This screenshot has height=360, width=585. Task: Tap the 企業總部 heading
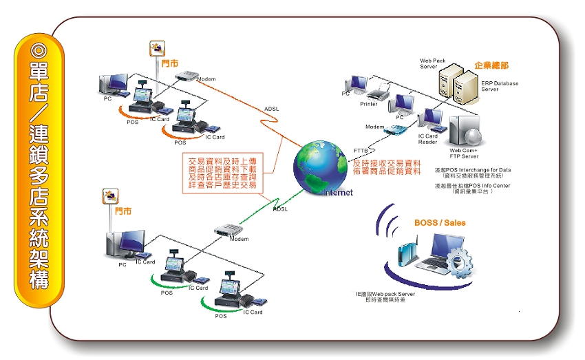coord(491,65)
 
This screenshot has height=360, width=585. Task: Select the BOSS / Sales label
coord(440,223)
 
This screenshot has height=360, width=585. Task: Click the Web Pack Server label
coord(434,64)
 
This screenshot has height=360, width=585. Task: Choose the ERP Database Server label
coord(500,86)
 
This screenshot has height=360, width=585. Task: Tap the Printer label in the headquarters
coord(369,104)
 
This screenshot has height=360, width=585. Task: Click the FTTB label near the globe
coord(361,149)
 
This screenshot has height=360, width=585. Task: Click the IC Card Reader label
coord(427,139)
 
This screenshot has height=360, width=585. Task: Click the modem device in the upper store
coord(186,76)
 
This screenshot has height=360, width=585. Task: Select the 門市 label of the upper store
coord(169,63)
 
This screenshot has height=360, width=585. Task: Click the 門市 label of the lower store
coord(123,212)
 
